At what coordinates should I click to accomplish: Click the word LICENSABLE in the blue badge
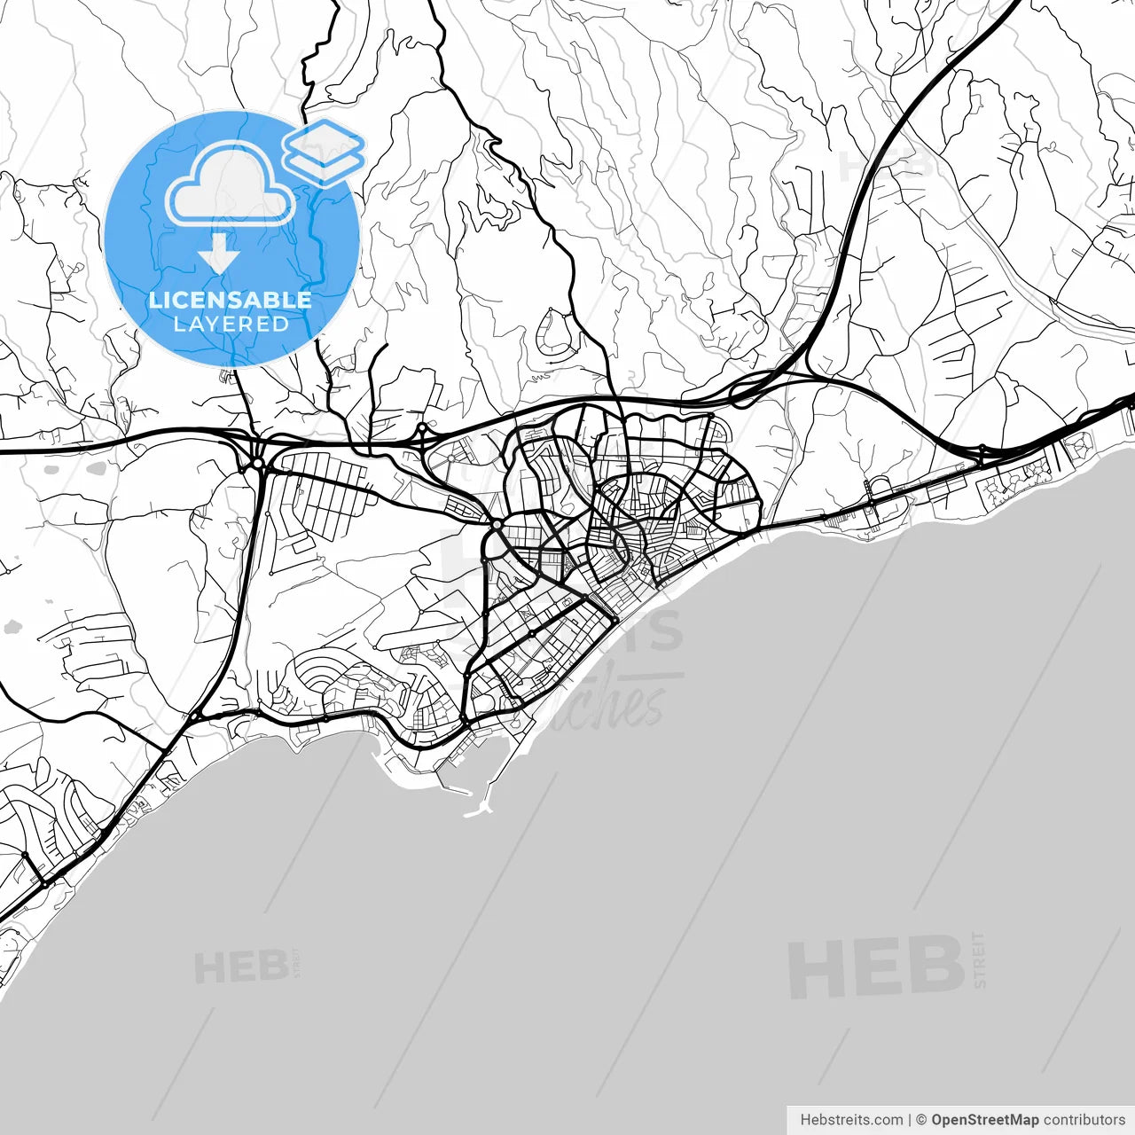point(231,300)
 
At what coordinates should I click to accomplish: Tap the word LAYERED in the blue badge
point(231,325)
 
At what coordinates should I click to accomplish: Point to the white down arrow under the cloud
point(219,255)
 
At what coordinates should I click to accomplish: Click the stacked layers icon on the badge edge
point(325,152)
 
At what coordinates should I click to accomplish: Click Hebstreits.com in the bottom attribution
point(851,1120)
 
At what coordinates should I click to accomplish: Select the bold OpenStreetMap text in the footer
point(984,1120)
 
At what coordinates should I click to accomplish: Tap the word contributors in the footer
point(1084,1120)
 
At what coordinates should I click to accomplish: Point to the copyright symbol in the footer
point(921,1120)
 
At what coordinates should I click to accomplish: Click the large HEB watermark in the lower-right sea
point(876,967)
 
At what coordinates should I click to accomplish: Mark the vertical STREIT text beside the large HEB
point(979,959)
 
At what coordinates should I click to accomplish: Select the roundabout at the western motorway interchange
point(257,464)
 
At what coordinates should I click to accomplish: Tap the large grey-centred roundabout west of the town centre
point(497,526)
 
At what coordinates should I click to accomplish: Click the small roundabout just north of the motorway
point(422,428)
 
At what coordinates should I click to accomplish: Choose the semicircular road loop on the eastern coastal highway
point(881,488)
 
